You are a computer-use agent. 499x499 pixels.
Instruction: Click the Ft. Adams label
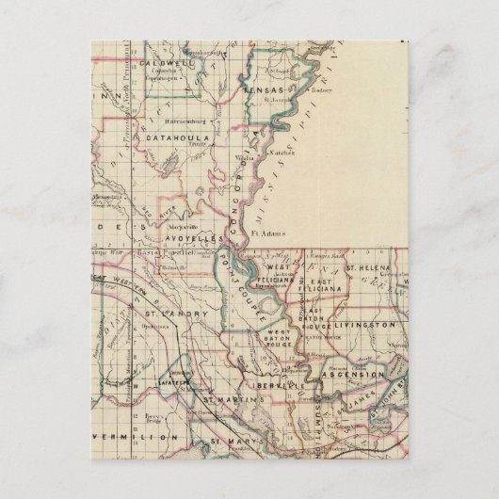pyautogui.click(x=268, y=227)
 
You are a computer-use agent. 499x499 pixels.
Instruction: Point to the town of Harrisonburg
pyautogui.click(x=165, y=121)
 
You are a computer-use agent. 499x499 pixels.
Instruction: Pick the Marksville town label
pyautogui.click(x=181, y=227)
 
